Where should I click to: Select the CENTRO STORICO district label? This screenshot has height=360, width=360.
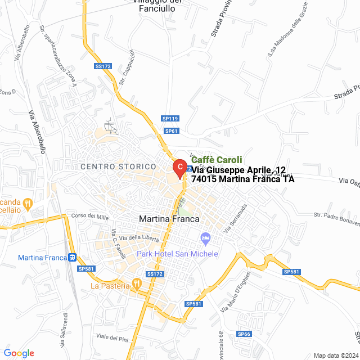click(118, 167)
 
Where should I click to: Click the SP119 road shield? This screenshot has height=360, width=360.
click(170, 119)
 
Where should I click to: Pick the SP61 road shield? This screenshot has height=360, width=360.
click(171, 131)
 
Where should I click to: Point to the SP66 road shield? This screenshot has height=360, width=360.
click(244, 334)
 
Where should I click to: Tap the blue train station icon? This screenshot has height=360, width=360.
click(72, 258)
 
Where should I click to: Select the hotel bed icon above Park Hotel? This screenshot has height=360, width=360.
click(205, 239)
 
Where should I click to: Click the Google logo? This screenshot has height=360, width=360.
click(19, 353)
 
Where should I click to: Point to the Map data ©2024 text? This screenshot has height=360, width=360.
click(335, 355)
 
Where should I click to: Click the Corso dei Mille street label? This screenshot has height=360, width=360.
click(89, 216)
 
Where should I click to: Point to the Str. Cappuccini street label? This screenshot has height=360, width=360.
click(127, 67)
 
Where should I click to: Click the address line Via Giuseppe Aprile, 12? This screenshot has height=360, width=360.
click(239, 170)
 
